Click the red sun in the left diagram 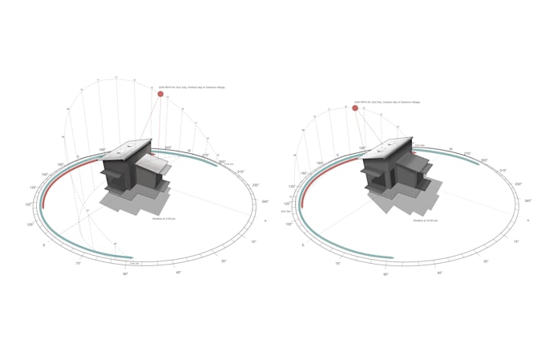(x=160, y=94)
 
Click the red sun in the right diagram (x=355, y=107)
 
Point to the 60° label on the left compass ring (x=125, y=274)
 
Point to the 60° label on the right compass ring (x=386, y=274)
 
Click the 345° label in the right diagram (x=528, y=200)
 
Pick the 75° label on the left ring (x=79, y=263)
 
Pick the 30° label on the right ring (x=485, y=261)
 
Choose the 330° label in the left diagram (x=256, y=184)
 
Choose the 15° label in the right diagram (x=515, y=241)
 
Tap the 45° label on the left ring (x=179, y=273)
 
